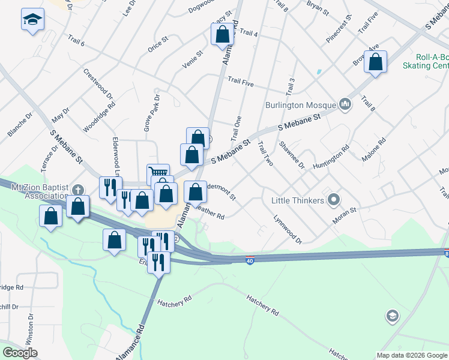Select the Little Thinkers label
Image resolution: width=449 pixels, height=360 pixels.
(298, 200)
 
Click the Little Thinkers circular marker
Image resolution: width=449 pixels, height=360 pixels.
(334, 200)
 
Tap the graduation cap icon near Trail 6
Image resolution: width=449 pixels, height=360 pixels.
(32, 19)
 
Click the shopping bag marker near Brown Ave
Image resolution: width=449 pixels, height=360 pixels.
(375, 61)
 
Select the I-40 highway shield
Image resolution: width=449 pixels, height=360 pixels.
(250, 260)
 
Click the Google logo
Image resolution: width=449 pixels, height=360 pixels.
(20, 352)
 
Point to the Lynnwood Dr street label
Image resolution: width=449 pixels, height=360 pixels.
(288, 230)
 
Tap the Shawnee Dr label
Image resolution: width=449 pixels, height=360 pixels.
(292, 155)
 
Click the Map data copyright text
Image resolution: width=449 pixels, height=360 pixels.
(412, 355)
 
